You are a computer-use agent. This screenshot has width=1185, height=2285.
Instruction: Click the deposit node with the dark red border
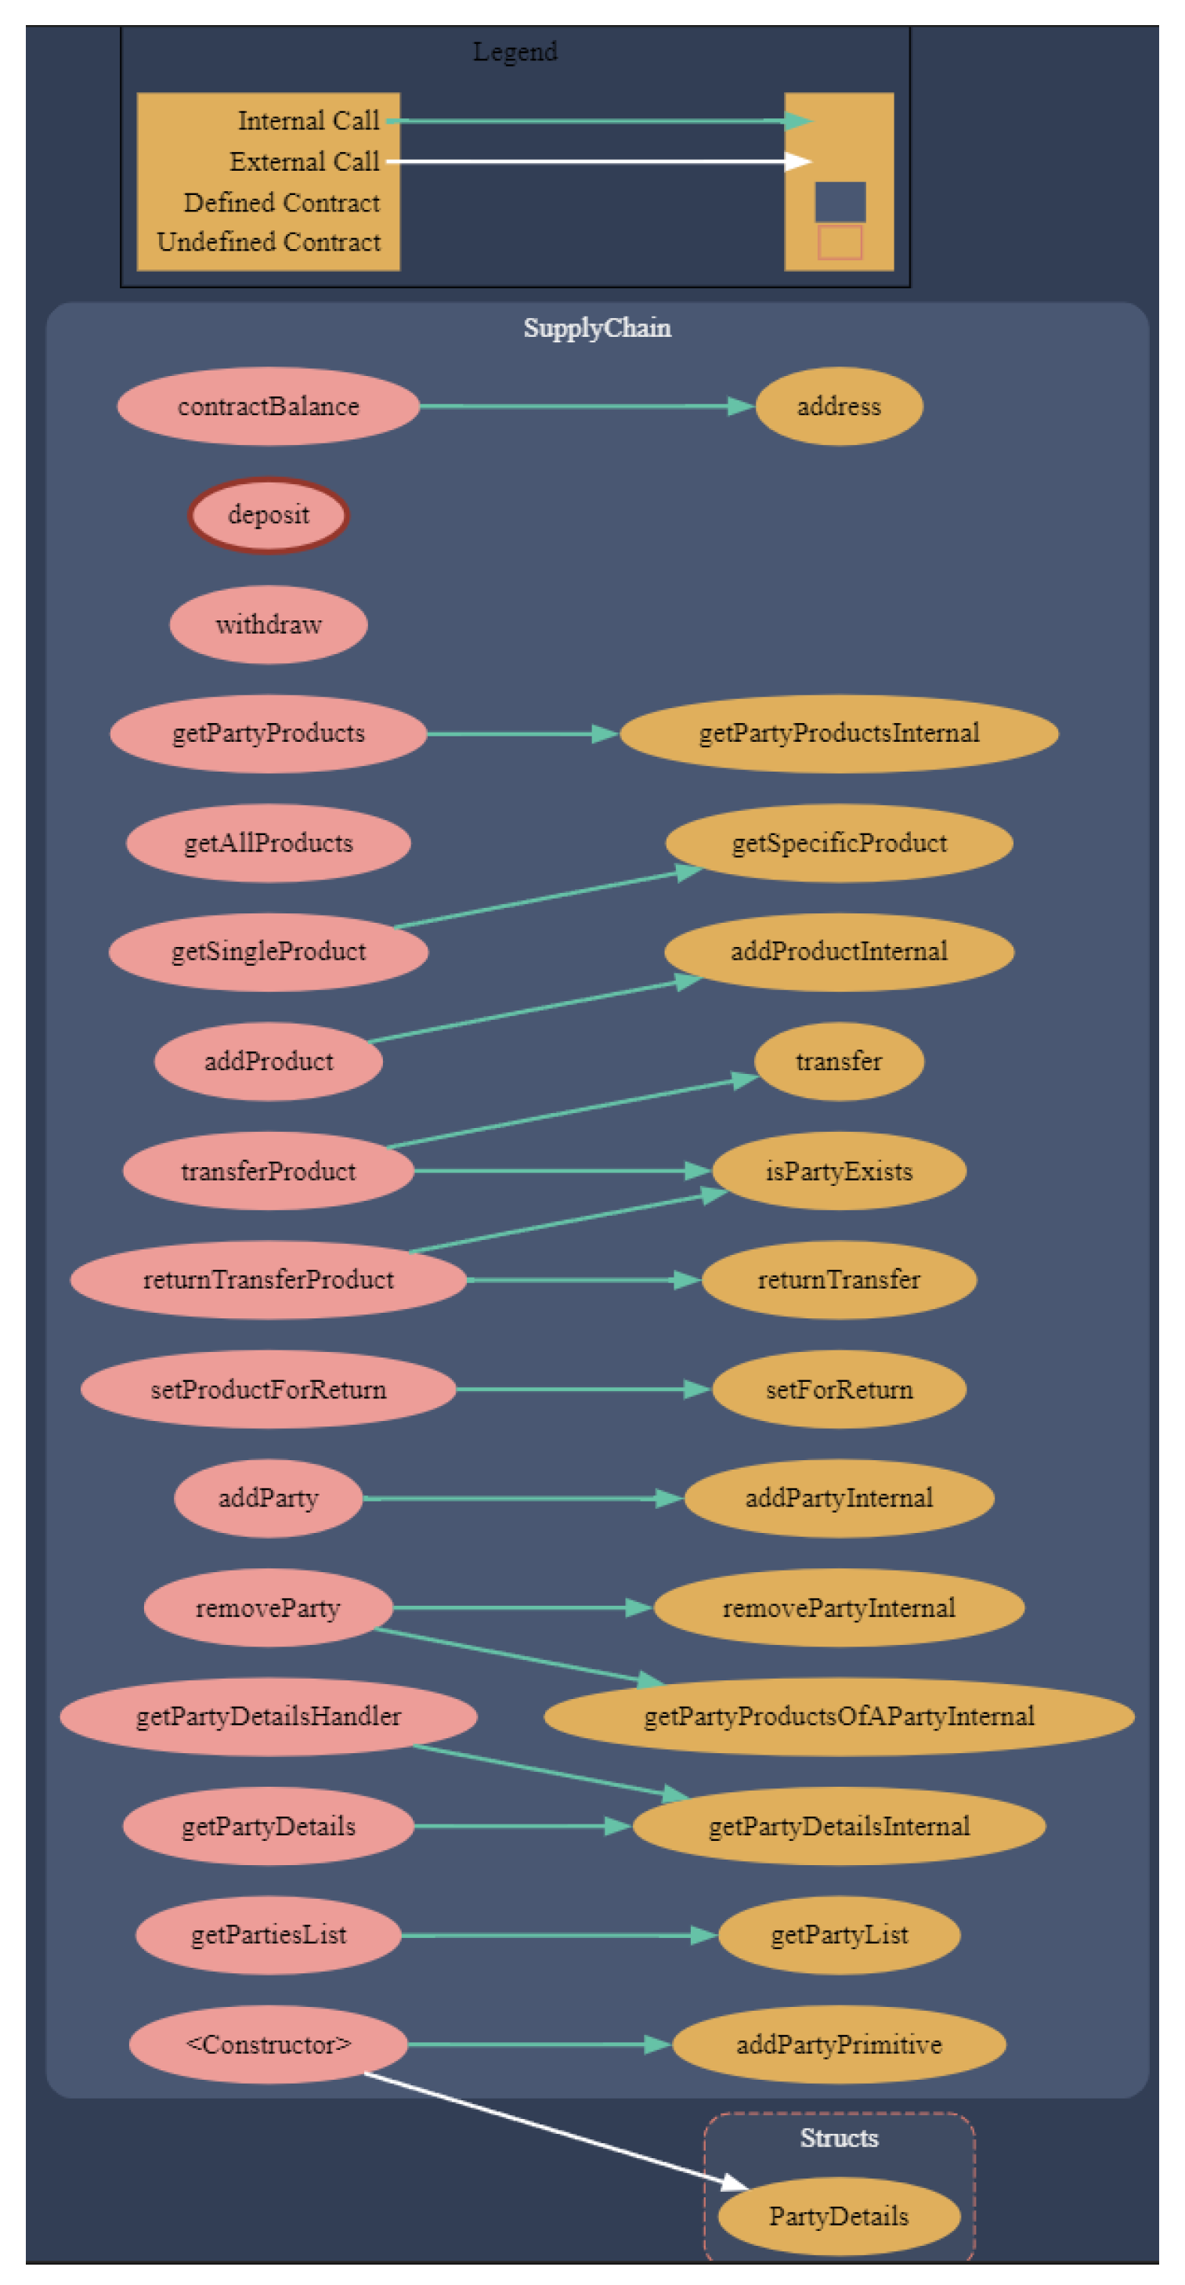[x=268, y=515]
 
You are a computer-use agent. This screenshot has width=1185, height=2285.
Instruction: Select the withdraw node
[x=268, y=624]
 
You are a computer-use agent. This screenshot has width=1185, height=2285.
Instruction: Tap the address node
[x=838, y=407]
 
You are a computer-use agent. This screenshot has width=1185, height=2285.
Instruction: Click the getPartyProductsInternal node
[x=838, y=733]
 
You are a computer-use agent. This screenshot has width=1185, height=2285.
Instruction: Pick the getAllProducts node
[x=268, y=843]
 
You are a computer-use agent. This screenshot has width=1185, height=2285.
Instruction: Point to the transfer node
[x=838, y=1061]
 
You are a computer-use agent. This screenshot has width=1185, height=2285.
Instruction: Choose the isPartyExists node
[x=838, y=1171]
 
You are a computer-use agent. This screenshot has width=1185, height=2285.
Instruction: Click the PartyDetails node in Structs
[x=838, y=2216]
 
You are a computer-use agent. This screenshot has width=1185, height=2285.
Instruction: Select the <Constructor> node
[x=268, y=2045]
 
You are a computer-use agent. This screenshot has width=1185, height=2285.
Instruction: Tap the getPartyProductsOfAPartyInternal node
[x=838, y=1716]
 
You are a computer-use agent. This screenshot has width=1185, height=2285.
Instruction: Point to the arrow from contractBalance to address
[x=585, y=407]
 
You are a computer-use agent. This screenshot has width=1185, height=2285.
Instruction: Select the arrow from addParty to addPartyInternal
[x=523, y=1499]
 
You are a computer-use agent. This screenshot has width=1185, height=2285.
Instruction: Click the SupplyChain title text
[x=597, y=328]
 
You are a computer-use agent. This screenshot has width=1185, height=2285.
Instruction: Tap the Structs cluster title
[x=838, y=2138]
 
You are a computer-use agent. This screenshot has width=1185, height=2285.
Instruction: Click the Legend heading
[x=515, y=52]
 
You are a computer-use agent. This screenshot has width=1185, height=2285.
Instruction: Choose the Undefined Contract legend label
[x=269, y=242]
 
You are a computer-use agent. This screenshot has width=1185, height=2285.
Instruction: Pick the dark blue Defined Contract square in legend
[x=840, y=202]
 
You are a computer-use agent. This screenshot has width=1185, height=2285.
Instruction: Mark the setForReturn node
[x=838, y=1389]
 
